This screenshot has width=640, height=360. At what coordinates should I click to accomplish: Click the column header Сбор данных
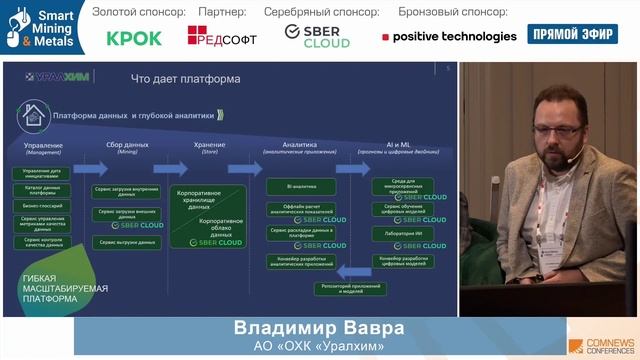(x=127, y=145)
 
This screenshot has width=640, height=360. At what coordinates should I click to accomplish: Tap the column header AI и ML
(x=391, y=145)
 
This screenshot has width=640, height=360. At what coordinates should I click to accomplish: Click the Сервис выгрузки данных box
(x=127, y=243)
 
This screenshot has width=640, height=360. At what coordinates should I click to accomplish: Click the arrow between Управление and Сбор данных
(x=83, y=146)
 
